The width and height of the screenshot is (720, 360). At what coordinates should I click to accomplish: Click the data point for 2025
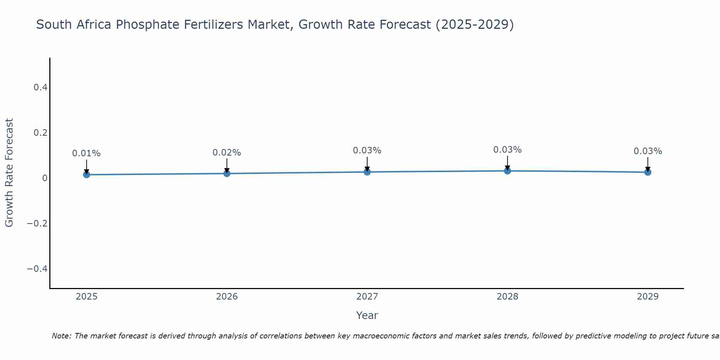[x=86, y=175]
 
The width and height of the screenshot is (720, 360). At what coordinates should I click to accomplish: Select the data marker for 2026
[x=227, y=174]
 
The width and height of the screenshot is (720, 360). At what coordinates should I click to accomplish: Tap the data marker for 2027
[x=367, y=172]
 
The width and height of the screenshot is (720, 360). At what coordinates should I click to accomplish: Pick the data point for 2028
[x=507, y=171]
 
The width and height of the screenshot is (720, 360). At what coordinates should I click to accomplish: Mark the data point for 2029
[x=648, y=172]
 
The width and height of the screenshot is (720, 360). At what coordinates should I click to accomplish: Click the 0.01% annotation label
[x=86, y=153]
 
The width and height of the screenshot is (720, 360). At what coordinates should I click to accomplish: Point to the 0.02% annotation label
[x=227, y=153]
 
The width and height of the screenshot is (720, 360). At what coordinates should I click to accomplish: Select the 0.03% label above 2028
[x=507, y=150]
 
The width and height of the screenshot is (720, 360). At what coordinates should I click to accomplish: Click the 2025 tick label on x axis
[x=86, y=297]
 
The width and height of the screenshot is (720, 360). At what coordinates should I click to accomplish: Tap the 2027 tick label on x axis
[x=367, y=297]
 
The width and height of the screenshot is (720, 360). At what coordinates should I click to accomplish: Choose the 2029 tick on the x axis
[x=648, y=297]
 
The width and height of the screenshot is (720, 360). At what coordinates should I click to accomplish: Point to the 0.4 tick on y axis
[x=40, y=87]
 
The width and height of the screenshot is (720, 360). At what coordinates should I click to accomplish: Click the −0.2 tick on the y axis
[x=37, y=224]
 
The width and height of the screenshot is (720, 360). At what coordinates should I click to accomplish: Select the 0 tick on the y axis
[x=45, y=178]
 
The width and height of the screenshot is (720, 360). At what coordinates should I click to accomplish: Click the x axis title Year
[x=367, y=315]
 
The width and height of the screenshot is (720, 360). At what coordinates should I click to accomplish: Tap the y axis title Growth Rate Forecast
[x=9, y=173]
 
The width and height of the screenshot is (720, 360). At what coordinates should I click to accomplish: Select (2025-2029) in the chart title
[x=474, y=25]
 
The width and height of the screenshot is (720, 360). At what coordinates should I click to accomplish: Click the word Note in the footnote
[x=61, y=336]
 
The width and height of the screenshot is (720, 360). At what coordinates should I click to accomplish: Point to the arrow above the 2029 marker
[x=648, y=164]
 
